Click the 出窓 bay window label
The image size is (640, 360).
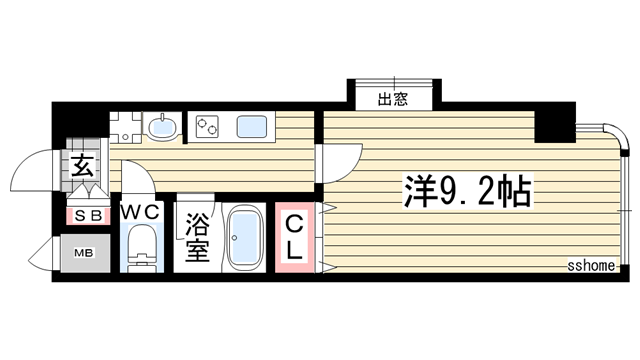(393, 99)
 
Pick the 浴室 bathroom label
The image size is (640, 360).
(196, 237)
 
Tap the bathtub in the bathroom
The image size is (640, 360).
(245, 238)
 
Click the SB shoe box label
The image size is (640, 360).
(83, 214)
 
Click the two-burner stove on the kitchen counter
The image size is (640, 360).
(208, 127)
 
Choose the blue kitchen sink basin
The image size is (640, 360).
(252, 127)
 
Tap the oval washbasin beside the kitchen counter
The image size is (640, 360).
(161, 127)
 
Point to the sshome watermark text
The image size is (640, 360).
(589, 266)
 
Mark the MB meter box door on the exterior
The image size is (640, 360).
(40, 254)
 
